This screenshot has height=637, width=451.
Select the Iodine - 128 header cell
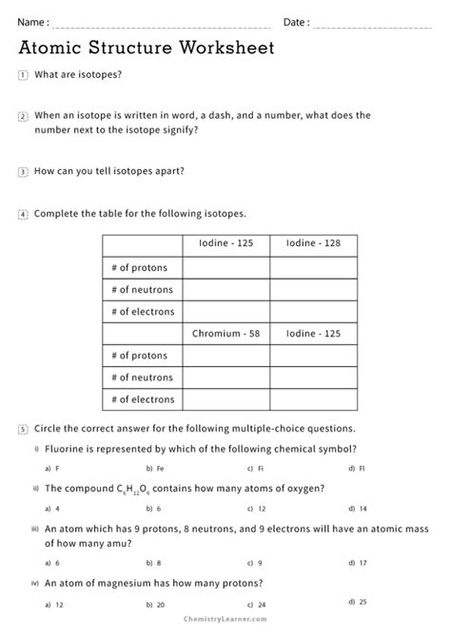[x=313, y=243]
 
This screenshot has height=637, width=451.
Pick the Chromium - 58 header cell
[x=226, y=334]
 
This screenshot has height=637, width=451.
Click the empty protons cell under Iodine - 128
[x=313, y=266]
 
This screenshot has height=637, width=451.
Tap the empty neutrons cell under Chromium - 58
[x=226, y=378]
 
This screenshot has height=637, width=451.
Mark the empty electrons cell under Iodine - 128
[x=313, y=311]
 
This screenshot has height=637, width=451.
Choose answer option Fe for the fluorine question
[x=155, y=469]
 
